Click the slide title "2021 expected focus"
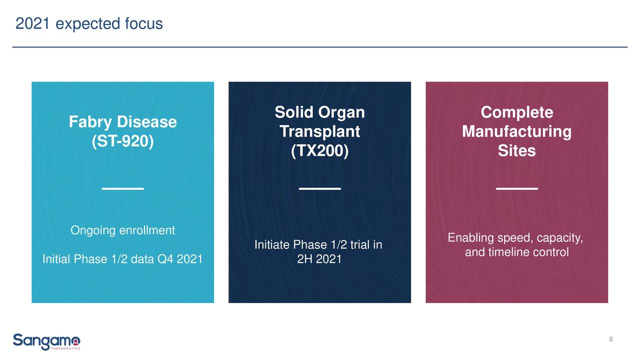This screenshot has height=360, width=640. pos(89,24)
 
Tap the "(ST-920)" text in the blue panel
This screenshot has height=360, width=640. pos(123,141)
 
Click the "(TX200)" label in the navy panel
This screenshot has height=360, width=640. pos(319,151)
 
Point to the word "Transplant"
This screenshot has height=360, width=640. pos(319,132)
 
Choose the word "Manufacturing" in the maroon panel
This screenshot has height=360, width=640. pos(517,132)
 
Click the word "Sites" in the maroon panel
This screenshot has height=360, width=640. pos(517,150)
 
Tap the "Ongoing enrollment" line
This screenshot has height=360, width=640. pos(122,230)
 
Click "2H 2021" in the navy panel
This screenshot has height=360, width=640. pos(319,259)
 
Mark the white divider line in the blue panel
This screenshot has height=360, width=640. pos(123,188)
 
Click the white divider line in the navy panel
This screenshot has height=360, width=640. pos(319,188)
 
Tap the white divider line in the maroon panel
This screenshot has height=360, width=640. pos(517,188)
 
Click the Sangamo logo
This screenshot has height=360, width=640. pos(46,341)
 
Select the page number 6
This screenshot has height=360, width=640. pos(611,339)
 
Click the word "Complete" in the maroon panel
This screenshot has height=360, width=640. pos(517,113)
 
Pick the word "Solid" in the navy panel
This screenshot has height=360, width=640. pos(294,112)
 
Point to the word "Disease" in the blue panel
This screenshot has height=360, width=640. pos(147,122)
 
